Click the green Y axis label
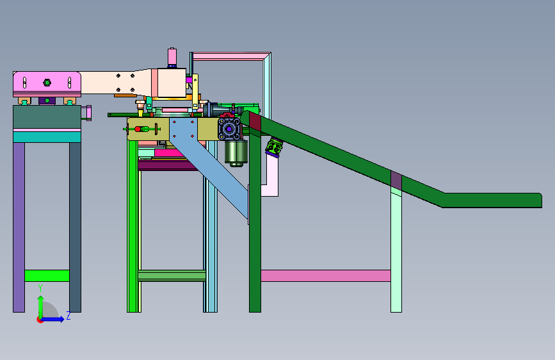click(x=40, y=288)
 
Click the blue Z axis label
click(x=68, y=315)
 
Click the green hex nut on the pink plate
click(x=47, y=83)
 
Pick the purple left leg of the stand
click(x=19, y=227)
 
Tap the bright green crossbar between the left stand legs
click(x=47, y=275)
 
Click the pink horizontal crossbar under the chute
click(x=326, y=275)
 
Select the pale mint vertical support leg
click(x=396, y=250)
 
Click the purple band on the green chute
click(x=396, y=180)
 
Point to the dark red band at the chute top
click(x=255, y=122)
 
